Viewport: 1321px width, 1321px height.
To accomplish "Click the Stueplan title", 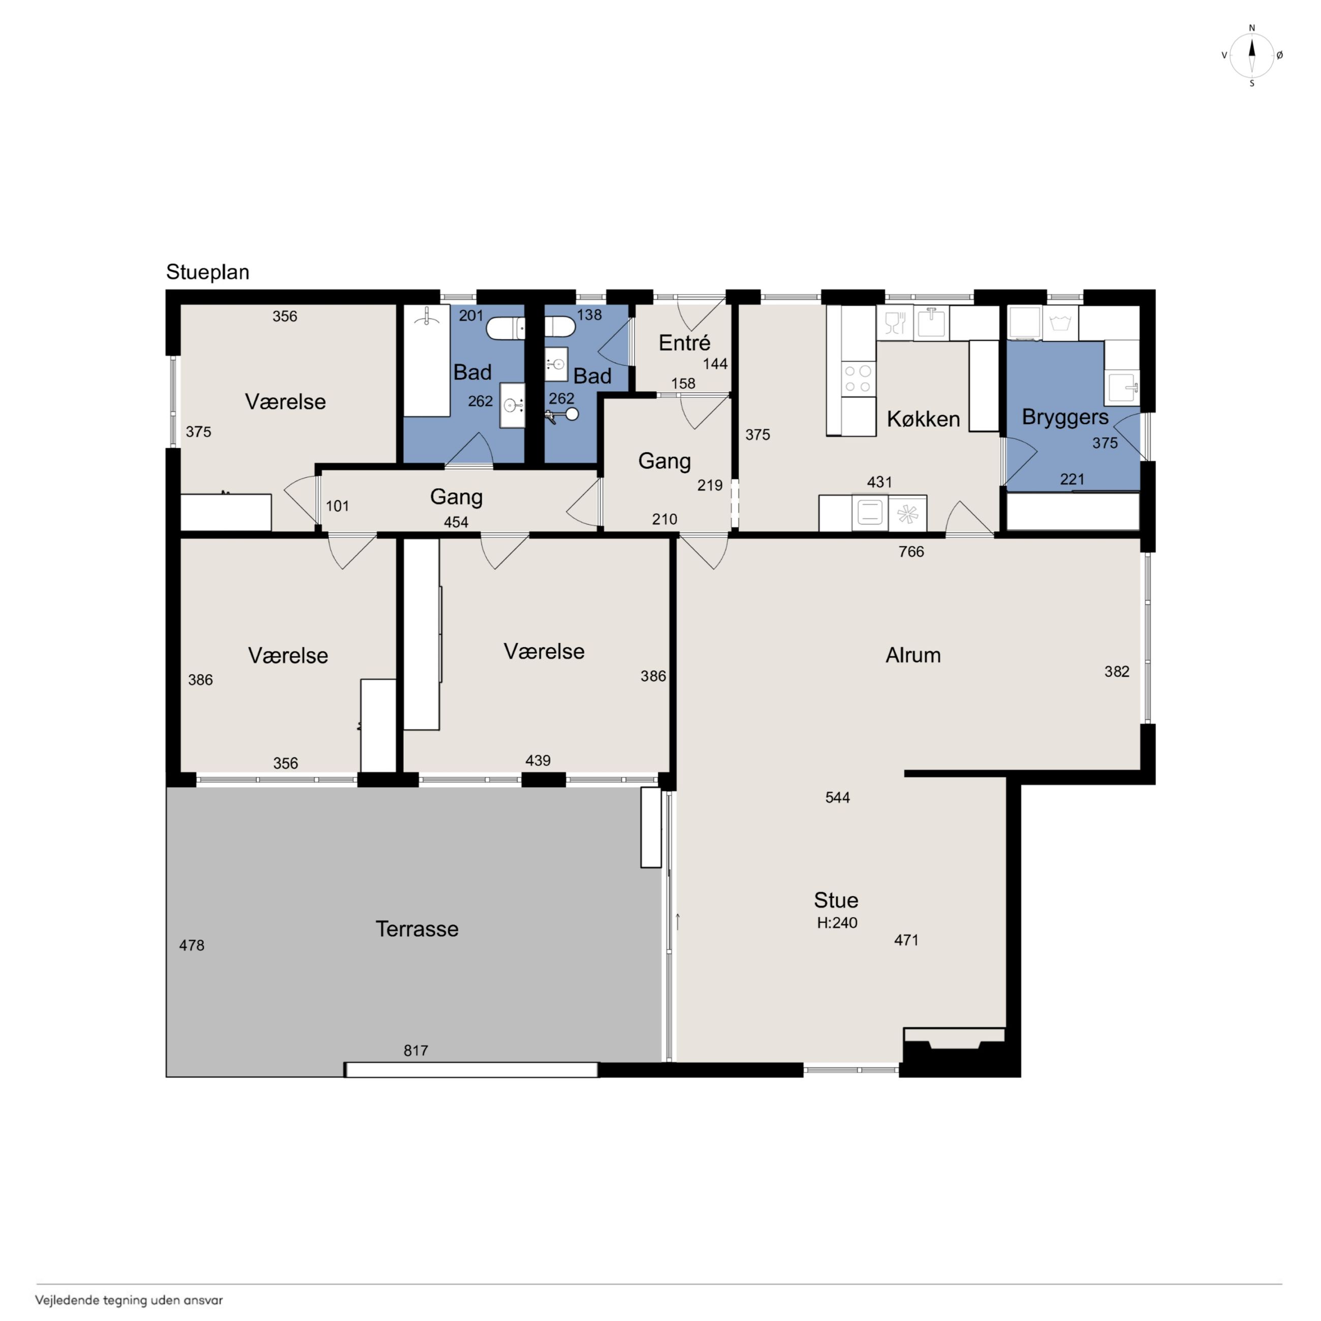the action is click(207, 272).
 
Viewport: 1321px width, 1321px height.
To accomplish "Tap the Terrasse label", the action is click(417, 929).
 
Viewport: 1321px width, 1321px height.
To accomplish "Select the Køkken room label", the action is click(923, 419).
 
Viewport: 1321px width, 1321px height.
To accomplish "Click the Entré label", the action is click(684, 342).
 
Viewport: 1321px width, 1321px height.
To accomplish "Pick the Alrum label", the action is click(913, 655).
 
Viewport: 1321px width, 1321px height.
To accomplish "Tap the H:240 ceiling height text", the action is click(837, 922).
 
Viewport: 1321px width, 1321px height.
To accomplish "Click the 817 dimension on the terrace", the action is click(416, 1050).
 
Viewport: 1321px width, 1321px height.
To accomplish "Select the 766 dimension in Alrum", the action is click(911, 551).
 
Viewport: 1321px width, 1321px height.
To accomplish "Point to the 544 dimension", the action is click(838, 797).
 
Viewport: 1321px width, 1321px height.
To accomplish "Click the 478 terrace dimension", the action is click(192, 945).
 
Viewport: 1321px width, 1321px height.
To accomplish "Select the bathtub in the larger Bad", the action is click(427, 360).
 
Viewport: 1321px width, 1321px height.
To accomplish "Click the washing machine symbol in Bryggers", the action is click(1060, 323).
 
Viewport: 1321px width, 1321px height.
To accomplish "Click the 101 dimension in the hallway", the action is click(337, 506).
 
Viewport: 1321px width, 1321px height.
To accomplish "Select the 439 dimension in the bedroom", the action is click(538, 760).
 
